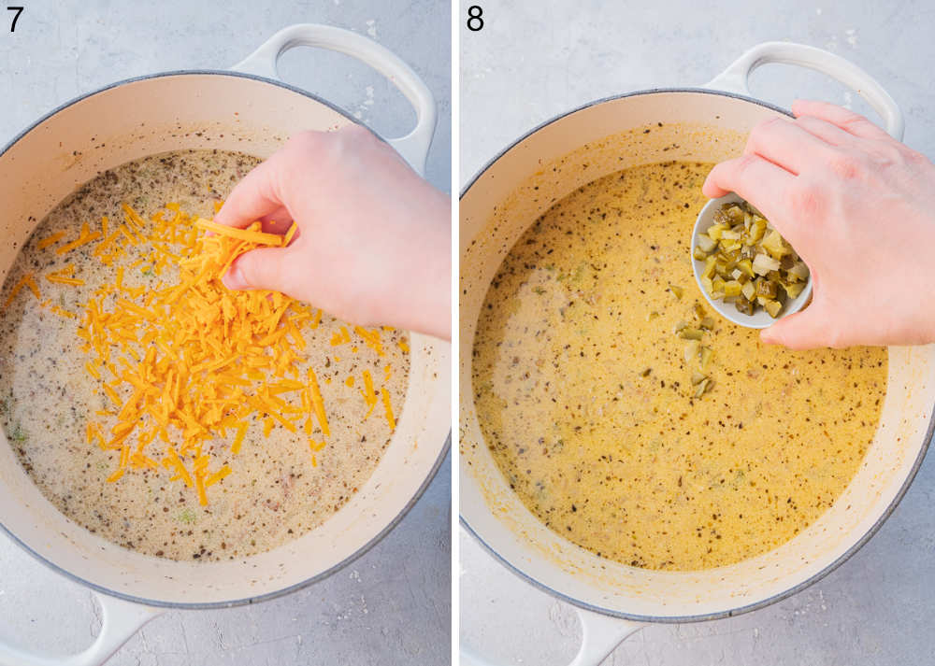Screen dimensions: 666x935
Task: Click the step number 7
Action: (x=15, y=18)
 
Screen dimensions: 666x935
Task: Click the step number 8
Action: (x=475, y=18)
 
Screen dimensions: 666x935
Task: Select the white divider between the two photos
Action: (x=455, y=333)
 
